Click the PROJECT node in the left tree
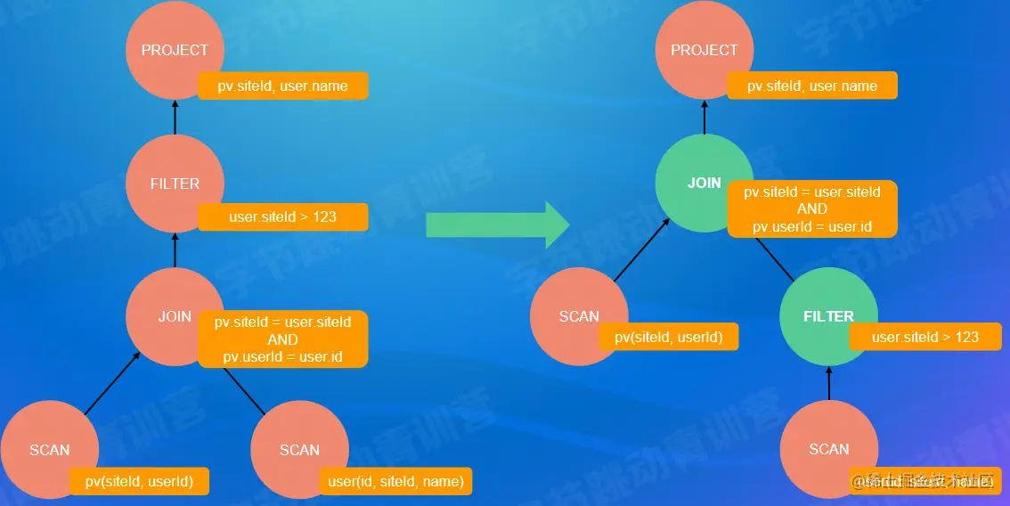point(175,51)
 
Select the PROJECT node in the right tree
point(704,51)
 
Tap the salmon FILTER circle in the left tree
point(175,184)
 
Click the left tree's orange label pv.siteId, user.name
point(282,86)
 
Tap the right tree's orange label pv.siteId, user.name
point(811,86)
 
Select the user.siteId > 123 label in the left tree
point(282,216)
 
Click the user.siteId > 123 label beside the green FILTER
point(924,337)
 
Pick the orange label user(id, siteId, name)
point(395,482)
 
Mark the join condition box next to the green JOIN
point(811,208)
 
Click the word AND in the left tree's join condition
point(282,339)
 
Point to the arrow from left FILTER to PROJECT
point(175,117)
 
